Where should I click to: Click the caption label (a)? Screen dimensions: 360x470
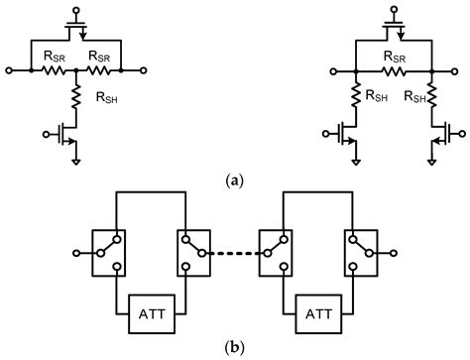[x=233, y=180]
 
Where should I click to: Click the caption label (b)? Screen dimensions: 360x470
[x=233, y=348]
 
